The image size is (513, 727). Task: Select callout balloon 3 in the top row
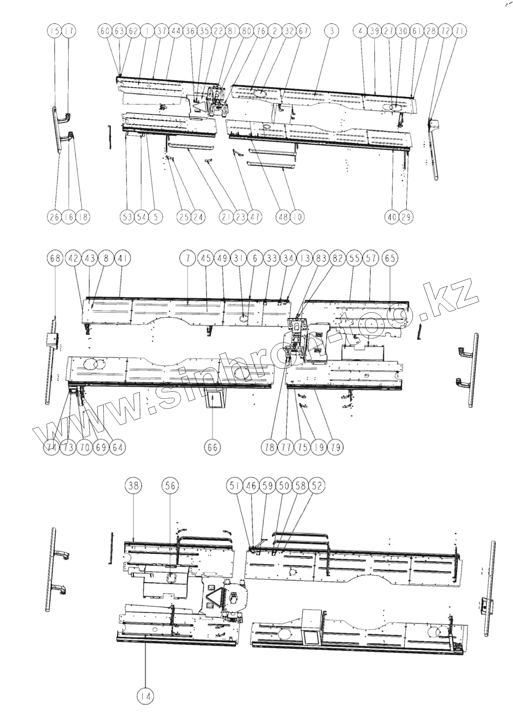point(331,31)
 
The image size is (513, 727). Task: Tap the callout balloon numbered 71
point(460,31)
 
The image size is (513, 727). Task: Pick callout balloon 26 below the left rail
point(55,217)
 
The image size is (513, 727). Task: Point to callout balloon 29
point(406,217)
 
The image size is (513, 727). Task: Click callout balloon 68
point(55,258)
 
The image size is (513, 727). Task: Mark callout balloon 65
point(390,258)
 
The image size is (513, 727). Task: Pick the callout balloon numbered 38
point(134,486)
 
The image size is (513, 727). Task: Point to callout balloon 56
point(171,486)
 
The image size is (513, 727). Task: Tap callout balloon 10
point(298,217)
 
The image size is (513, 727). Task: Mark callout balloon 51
point(234,486)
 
